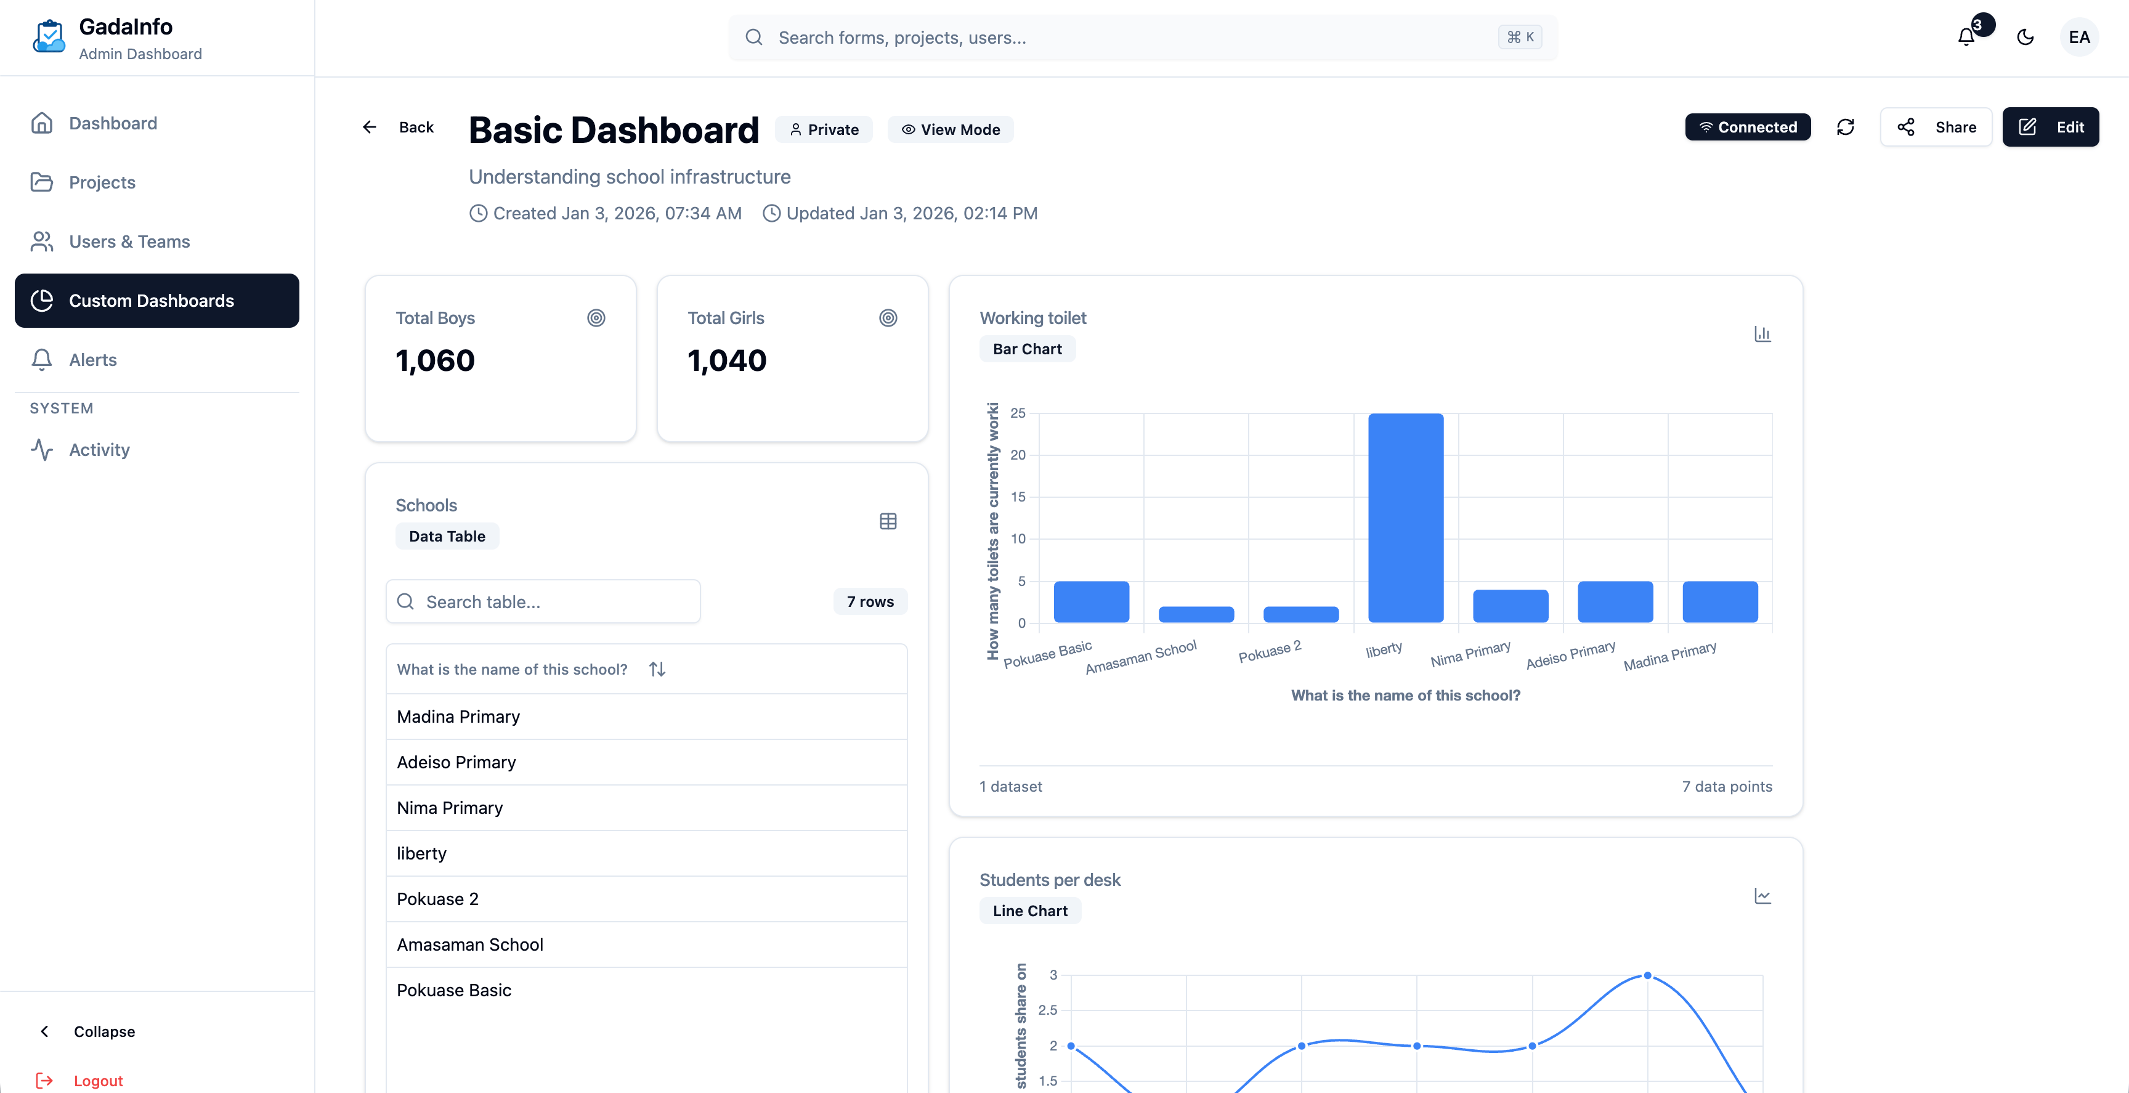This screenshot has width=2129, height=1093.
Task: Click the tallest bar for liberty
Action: tap(1405, 518)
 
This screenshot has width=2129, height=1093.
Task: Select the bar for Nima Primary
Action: tap(1510, 606)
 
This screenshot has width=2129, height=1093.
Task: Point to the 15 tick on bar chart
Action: tap(1018, 497)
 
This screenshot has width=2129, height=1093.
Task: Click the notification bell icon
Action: tap(1966, 37)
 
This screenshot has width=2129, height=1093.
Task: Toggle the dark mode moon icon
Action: tap(2025, 37)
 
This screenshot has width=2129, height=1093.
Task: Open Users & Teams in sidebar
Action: tap(129, 242)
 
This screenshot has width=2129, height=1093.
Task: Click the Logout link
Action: tap(97, 1081)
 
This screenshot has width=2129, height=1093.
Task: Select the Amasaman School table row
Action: tap(469, 944)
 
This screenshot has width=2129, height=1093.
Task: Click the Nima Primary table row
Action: tap(450, 808)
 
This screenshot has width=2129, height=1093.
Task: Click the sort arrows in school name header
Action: tap(657, 669)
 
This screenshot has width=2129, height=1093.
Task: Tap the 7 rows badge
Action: tap(869, 602)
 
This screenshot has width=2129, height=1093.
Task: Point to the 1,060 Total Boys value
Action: tap(435, 360)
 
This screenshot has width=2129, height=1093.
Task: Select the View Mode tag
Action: tap(951, 130)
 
